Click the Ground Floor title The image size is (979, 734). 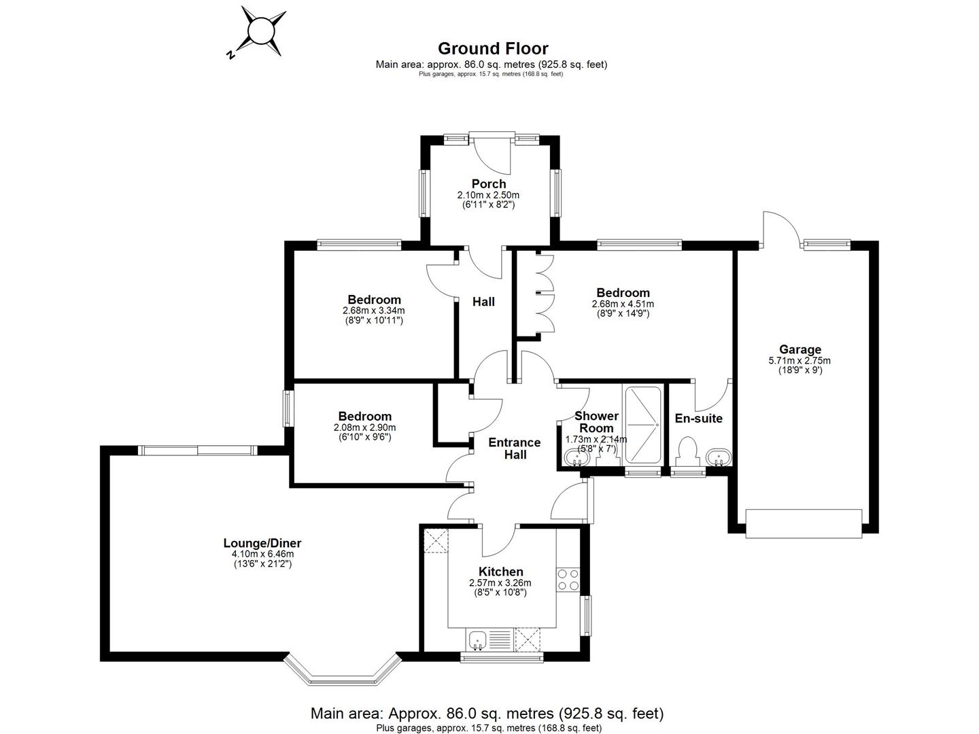point(492,48)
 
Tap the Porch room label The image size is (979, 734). point(488,183)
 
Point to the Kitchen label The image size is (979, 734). point(500,572)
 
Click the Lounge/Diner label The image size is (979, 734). point(262,543)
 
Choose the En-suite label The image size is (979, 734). point(698,418)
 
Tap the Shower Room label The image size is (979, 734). point(596,422)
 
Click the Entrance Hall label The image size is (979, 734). point(515,449)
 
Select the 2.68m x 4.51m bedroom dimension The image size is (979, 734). point(623,304)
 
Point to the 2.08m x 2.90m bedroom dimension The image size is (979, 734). point(364,427)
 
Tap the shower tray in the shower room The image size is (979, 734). point(642,425)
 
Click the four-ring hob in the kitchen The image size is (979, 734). point(568,579)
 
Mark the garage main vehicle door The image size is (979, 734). point(804,523)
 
